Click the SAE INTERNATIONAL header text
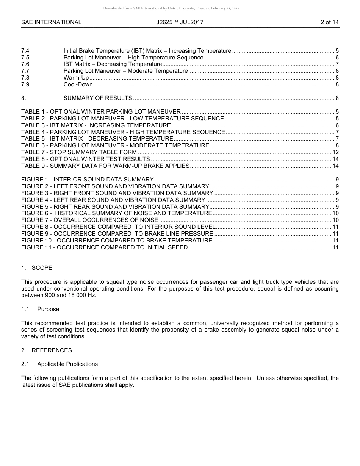pos(51,22)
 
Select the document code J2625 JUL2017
pos(180,22)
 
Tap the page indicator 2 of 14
pos(329,22)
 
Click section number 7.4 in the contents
pos(25,51)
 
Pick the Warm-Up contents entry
pos(76,78)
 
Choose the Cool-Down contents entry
pos(78,84)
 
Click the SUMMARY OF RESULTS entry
pos(98,98)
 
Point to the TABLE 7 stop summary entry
pos(79,152)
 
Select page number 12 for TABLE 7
pos(335,152)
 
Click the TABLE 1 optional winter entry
pos(101,112)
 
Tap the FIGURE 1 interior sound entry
pos(87,180)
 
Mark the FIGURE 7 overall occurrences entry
pos(90,220)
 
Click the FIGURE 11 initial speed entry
pos(104,247)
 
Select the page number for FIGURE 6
pos(335,213)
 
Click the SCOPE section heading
pos(42,268)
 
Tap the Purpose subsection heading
pos(48,309)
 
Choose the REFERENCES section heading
pos(52,350)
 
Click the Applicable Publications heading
pos(67,364)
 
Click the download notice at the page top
pos(171,8)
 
